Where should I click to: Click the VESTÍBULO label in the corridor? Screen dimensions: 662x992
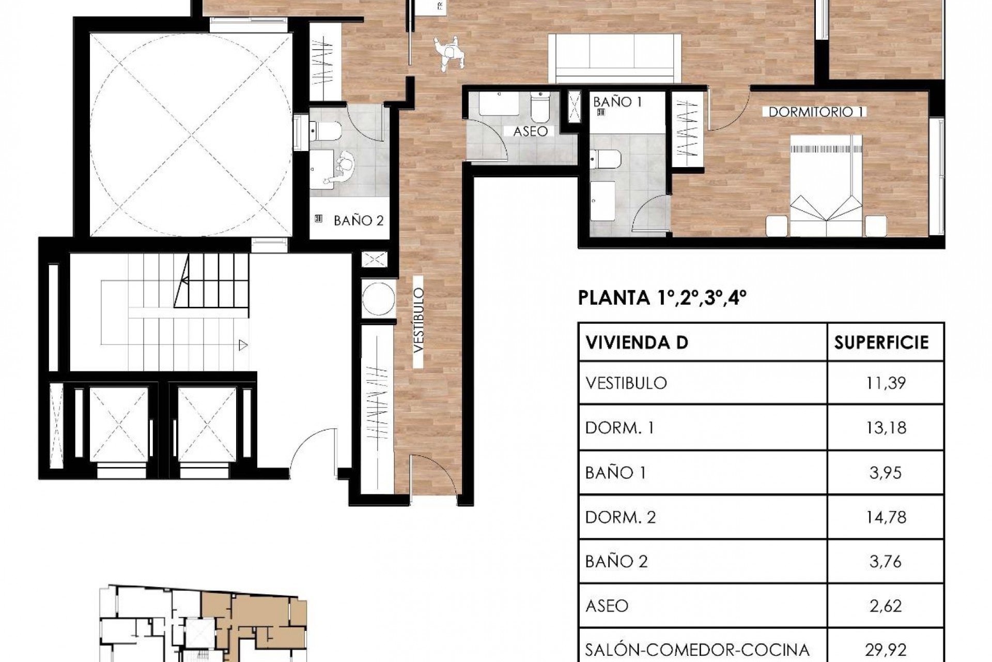(x=419, y=321)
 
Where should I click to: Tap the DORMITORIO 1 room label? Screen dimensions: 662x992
(x=816, y=112)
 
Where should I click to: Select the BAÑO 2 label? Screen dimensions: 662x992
(x=359, y=221)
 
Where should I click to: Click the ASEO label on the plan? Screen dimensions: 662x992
(x=530, y=132)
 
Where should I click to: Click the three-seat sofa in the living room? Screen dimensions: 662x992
(x=614, y=57)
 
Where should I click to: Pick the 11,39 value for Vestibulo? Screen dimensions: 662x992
(x=885, y=383)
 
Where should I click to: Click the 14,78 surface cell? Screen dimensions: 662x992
(x=885, y=517)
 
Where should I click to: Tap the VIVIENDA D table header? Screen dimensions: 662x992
(x=637, y=342)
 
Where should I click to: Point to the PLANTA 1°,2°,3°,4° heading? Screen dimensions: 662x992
(x=662, y=298)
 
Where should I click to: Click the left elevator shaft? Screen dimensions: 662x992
(x=119, y=424)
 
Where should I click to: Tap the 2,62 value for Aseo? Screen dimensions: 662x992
(x=885, y=606)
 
